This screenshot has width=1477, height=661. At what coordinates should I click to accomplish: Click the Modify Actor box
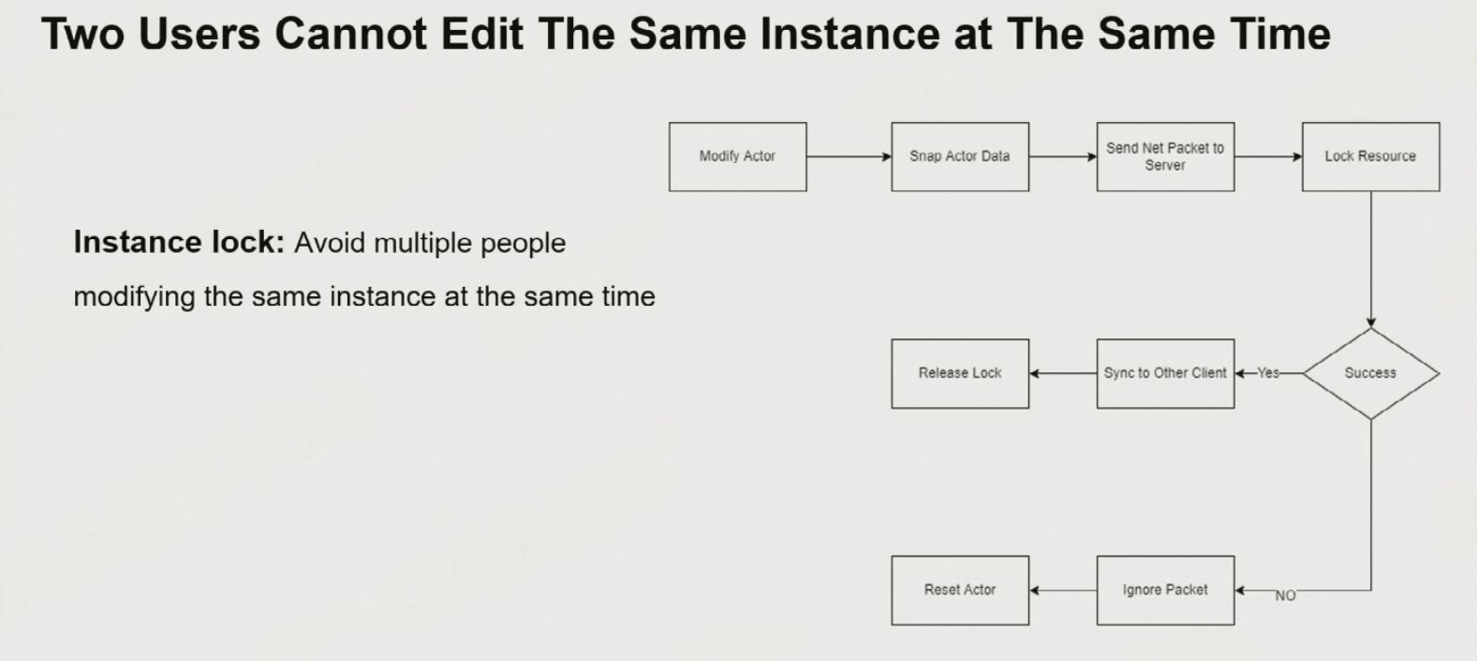pyautogui.click(x=737, y=157)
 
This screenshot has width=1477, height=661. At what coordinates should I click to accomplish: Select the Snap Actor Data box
pyautogui.click(x=960, y=157)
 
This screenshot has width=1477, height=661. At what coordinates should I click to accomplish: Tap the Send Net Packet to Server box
pyautogui.click(x=1165, y=157)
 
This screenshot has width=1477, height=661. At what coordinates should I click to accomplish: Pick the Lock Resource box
pyautogui.click(x=1371, y=157)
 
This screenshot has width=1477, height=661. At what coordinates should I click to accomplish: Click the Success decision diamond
pyautogui.click(x=1371, y=373)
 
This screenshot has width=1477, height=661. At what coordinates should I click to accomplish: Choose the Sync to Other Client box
pyautogui.click(x=1165, y=374)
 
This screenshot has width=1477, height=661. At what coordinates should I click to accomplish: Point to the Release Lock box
pyautogui.click(x=960, y=374)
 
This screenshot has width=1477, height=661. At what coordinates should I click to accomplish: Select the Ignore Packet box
pyautogui.click(x=1165, y=591)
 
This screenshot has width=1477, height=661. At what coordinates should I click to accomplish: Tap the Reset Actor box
pyautogui.click(x=960, y=591)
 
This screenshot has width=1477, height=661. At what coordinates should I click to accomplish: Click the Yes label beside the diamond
pyautogui.click(x=1268, y=373)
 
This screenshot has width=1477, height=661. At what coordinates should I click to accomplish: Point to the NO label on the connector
pyautogui.click(x=1285, y=595)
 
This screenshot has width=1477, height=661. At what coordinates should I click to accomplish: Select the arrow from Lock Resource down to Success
pyautogui.click(x=1371, y=260)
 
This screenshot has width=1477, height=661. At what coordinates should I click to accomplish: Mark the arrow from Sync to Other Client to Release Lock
pyautogui.click(x=1063, y=374)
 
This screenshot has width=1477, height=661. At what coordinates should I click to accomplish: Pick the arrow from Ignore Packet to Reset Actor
pyautogui.click(x=1063, y=591)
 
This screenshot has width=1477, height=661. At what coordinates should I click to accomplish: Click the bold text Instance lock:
pyautogui.click(x=179, y=242)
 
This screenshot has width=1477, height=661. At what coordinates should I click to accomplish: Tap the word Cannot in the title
pyautogui.click(x=350, y=34)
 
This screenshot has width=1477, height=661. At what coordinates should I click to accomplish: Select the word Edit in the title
pyautogui.click(x=482, y=34)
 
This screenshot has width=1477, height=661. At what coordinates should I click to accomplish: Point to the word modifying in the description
pyautogui.click(x=135, y=297)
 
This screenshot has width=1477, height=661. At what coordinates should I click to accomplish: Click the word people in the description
pyautogui.click(x=523, y=244)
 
